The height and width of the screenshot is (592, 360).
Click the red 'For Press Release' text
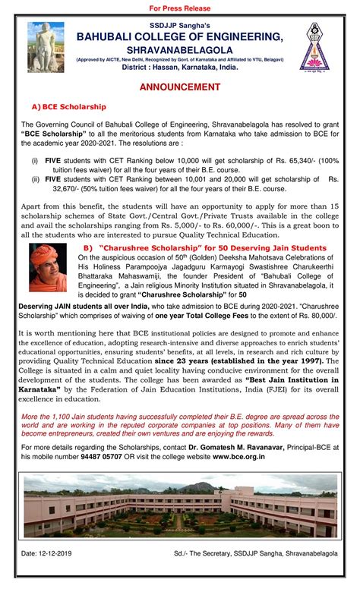tap(180, 8)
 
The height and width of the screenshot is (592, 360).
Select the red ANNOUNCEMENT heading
tap(180, 88)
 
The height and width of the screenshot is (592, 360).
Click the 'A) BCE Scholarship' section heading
tap(70, 107)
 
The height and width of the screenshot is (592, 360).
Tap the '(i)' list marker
tap(34, 162)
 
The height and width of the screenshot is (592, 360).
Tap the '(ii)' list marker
tap(35, 180)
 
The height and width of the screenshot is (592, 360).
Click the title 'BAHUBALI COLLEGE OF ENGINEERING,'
tap(179, 36)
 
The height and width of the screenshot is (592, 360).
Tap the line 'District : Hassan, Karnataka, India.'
tap(180, 68)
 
